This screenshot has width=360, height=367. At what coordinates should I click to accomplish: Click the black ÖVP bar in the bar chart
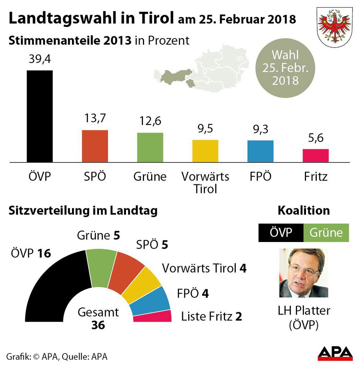(x=40, y=116)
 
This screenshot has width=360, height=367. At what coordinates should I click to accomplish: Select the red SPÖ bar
(x=95, y=146)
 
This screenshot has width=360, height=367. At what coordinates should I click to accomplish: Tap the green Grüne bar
(x=150, y=147)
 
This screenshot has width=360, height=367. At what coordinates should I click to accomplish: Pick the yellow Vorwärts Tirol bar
(x=205, y=151)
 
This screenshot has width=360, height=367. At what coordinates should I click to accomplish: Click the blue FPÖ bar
(x=260, y=151)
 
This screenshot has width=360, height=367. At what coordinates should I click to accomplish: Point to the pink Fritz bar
(x=315, y=155)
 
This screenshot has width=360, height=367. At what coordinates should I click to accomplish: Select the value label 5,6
(x=315, y=139)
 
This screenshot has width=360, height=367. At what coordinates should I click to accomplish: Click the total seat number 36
(x=98, y=325)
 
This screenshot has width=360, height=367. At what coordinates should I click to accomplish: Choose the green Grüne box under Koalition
(x=326, y=233)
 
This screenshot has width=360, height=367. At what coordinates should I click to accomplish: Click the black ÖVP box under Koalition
(x=281, y=233)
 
